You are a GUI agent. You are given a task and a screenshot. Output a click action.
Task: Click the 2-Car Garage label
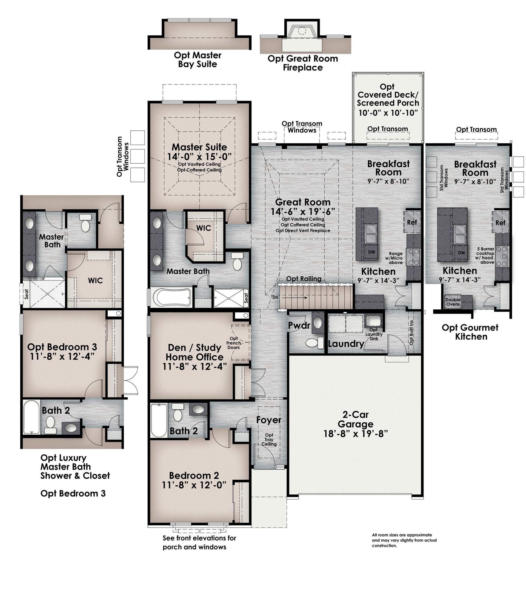click(355, 419)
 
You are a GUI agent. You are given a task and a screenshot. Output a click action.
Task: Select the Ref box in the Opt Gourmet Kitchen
click(500, 223)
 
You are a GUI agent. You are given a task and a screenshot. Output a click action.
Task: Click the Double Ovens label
click(453, 302)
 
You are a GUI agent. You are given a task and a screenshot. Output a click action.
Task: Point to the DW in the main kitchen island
click(371, 252)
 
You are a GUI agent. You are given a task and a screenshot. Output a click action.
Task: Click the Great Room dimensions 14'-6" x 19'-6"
click(303, 212)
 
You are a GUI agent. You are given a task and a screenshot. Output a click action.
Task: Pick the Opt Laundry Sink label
click(374, 334)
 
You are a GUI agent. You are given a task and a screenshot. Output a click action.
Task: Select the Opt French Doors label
click(234, 343)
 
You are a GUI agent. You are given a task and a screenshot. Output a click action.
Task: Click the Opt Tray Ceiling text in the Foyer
click(269, 439)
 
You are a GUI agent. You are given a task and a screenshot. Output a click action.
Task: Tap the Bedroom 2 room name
click(194, 476)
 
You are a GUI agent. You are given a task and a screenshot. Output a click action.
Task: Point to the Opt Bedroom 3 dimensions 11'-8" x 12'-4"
click(62, 356)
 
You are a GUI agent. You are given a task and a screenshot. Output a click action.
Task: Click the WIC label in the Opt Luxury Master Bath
click(95, 280)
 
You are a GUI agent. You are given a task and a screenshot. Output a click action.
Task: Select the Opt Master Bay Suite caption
click(198, 59)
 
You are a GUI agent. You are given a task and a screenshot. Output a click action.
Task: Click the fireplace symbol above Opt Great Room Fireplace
click(302, 31)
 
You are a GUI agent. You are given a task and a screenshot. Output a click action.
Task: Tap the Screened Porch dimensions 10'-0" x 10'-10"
click(388, 113)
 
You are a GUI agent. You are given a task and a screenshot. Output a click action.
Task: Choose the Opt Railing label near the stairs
click(304, 279)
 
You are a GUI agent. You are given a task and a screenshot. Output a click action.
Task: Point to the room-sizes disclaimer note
click(404, 540)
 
